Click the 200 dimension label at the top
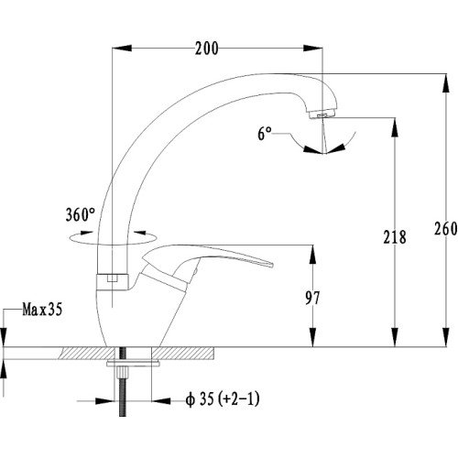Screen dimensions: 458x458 [207, 49]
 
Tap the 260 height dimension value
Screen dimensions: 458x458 [446, 229]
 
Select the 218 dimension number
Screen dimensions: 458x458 [395, 237]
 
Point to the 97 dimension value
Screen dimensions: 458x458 [312, 298]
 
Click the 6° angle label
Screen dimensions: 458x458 [265, 134]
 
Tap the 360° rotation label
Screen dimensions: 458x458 [81, 214]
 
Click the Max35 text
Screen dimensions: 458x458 [42, 310]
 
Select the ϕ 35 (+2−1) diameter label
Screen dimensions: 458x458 [223, 399]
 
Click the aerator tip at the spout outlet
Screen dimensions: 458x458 [322, 114]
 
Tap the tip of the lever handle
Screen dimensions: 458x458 [271, 265]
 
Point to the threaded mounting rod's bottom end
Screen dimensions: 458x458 [123, 416]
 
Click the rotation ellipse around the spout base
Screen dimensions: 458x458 [113, 238]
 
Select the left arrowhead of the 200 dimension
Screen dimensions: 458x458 [122, 48]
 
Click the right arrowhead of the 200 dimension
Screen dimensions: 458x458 [313, 48]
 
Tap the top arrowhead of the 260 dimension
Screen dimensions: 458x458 [446, 83]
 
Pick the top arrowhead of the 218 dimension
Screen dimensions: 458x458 [395, 127]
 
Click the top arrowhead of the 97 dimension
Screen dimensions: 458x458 [312, 254]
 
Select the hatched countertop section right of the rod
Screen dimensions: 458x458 [183, 353]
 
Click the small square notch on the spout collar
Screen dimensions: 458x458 [113, 278]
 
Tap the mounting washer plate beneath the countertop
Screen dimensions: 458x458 [134, 364]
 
